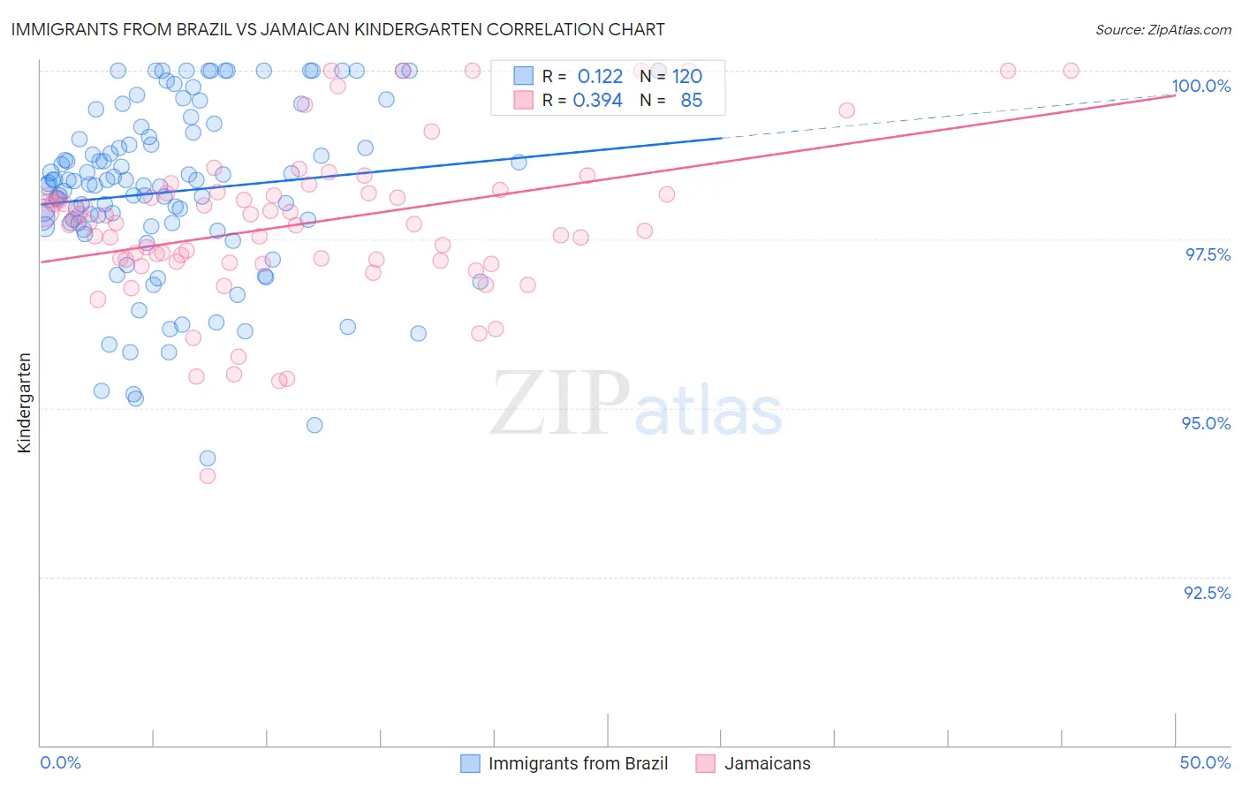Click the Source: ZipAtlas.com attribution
(1162, 29)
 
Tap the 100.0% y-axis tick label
(1200, 86)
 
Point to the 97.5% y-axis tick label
(1207, 254)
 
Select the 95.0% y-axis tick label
(1206, 423)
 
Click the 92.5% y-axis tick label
(1207, 593)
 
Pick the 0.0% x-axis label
(60, 762)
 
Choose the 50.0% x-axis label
(1205, 762)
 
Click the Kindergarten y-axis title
(25, 403)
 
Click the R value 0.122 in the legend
(600, 77)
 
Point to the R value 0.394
(597, 101)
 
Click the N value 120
(686, 77)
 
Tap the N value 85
(691, 101)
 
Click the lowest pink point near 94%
(208, 475)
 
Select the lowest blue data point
(208, 458)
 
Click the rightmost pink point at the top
(1071, 71)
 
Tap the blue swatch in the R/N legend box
(524, 76)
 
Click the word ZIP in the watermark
(559, 404)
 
